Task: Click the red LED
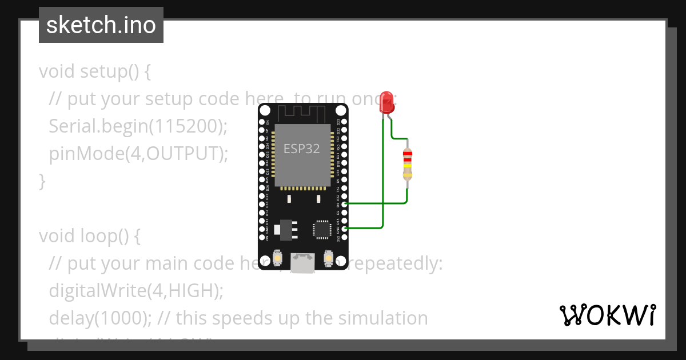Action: [387, 102]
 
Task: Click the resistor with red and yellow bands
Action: [407, 165]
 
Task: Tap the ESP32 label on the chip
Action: [302, 149]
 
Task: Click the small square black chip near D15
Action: [322, 230]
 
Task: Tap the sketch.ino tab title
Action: [101, 25]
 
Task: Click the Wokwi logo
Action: [607, 315]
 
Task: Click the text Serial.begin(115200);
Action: [138, 126]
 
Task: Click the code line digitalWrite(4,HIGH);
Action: [135, 290]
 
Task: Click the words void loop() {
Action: [89, 235]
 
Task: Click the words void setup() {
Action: [94, 71]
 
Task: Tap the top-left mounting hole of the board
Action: [265, 110]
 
